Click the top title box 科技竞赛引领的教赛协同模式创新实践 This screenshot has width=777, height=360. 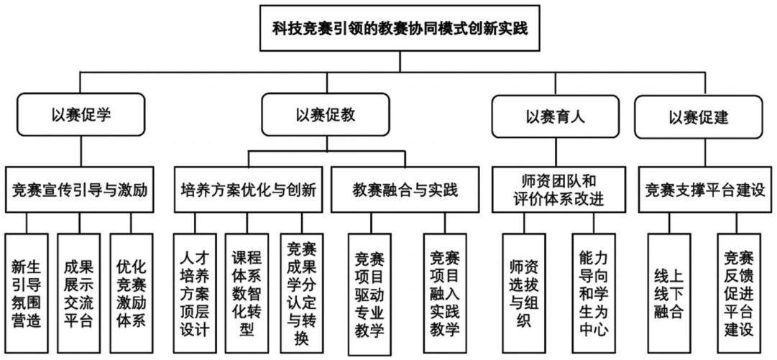400,28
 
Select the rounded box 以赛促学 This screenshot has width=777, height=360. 81,116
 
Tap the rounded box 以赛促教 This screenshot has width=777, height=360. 326,116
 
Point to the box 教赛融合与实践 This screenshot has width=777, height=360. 405,190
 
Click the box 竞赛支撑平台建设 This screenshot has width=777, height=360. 705,190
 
